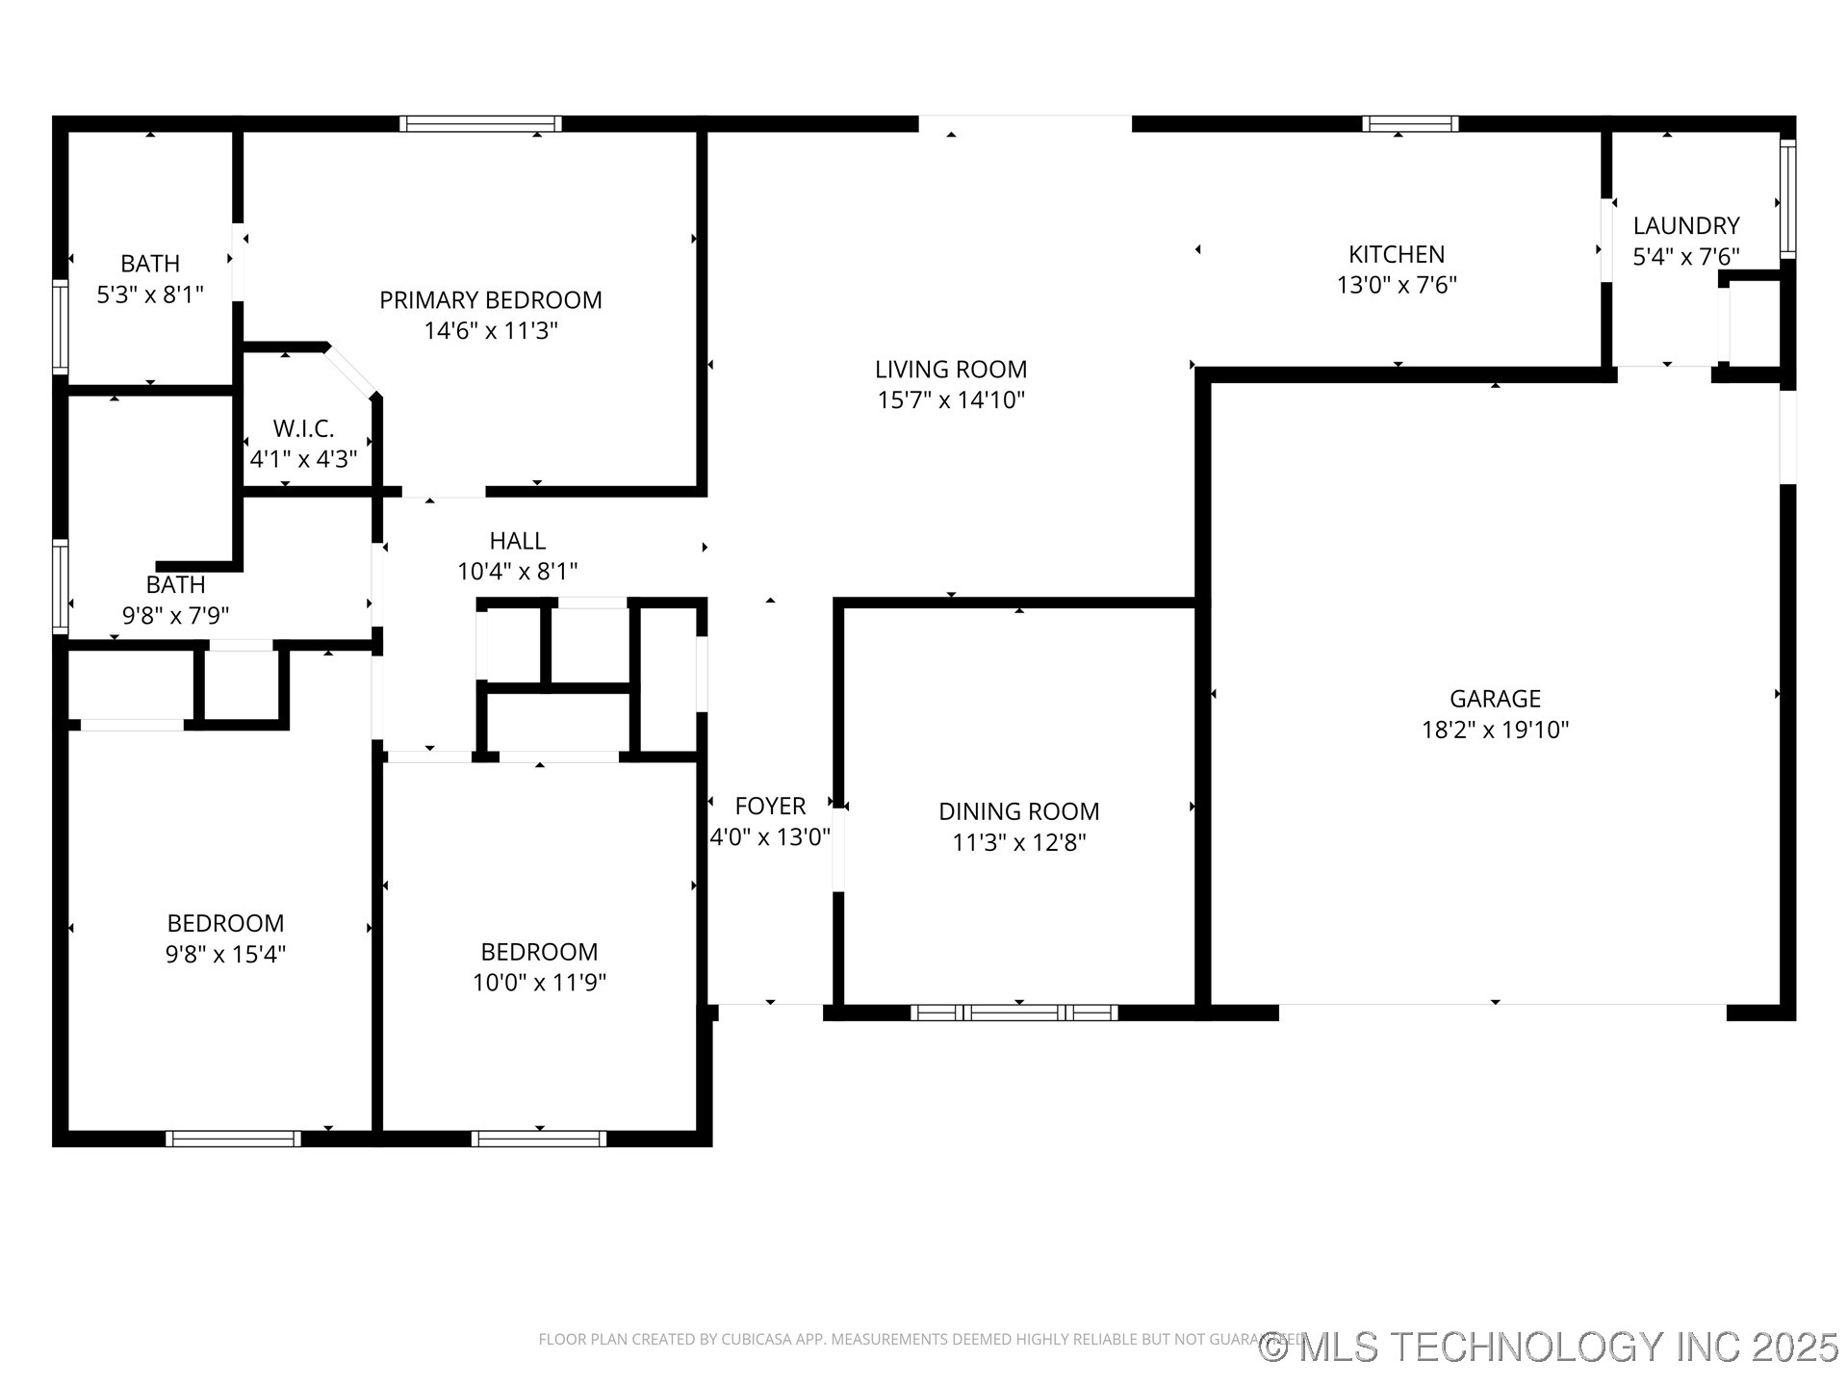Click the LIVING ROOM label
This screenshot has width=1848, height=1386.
(x=950, y=370)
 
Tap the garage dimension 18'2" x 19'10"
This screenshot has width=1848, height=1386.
(x=1495, y=730)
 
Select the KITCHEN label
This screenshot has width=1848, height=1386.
(x=1396, y=254)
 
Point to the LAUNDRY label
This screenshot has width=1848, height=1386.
(x=1685, y=226)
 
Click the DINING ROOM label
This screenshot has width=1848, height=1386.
(x=1018, y=811)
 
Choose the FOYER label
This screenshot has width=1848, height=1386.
(x=770, y=806)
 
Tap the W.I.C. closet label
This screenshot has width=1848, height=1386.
(x=303, y=428)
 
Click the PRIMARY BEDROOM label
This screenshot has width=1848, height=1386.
(x=490, y=300)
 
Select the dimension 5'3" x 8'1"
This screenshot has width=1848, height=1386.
(x=150, y=295)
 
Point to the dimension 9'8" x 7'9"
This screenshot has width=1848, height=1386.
(x=175, y=615)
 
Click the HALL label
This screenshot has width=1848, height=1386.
(x=517, y=541)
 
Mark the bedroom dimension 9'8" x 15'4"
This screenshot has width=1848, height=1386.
(x=225, y=954)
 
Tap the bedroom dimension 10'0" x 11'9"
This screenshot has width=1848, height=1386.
(x=539, y=983)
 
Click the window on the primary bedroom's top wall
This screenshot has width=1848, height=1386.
(x=480, y=123)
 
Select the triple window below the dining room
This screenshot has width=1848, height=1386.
(x=1014, y=1013)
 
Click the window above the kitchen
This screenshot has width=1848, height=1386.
(x=1409, y=123)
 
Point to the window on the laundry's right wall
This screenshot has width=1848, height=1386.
(x=1787, y=198)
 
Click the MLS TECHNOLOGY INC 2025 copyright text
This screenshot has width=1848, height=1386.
(x=1549, y=1347)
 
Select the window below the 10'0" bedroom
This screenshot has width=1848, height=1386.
(x=538, y=1139)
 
